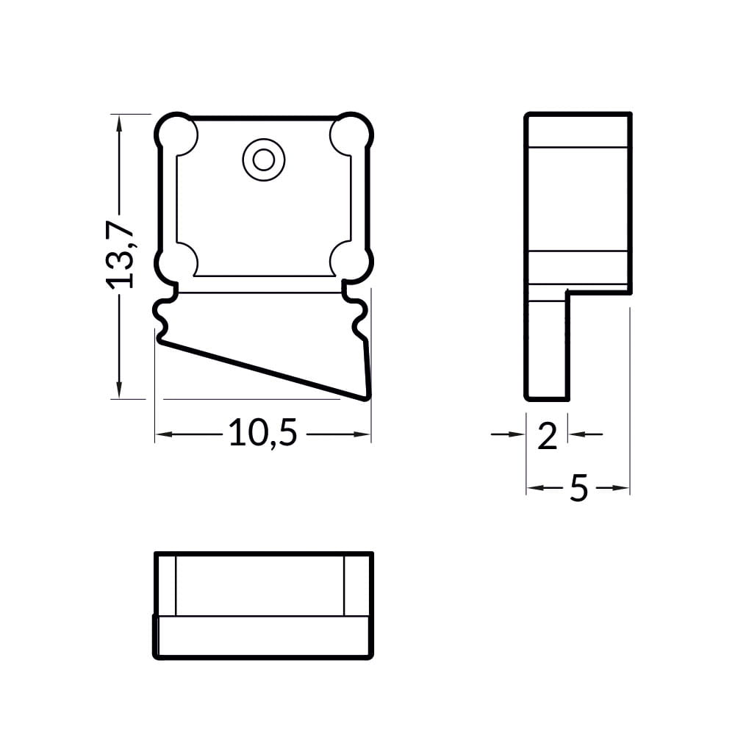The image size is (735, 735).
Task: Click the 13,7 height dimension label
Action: coord(120,254)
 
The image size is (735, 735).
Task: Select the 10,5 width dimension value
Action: coord(263,433)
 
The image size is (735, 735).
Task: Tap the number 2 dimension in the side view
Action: coord(547,437)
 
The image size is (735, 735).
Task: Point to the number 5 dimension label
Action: coord(579,488)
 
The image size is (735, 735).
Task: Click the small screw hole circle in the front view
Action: coord(263,160)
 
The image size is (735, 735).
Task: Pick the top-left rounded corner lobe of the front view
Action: coord(176,134)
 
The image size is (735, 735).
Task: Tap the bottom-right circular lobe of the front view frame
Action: coord(353,262)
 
